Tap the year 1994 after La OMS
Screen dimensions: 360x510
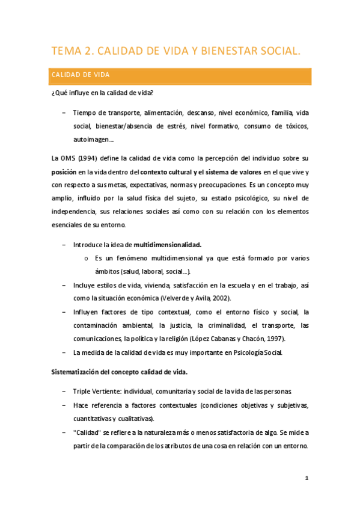[90, 159]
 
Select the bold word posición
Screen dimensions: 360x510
[64, 172]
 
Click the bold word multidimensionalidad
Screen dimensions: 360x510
[168, 245]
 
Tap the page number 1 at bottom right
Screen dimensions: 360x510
[307, 479]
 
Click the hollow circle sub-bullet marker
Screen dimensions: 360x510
[87, 259]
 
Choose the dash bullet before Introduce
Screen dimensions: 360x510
[64, 245]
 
